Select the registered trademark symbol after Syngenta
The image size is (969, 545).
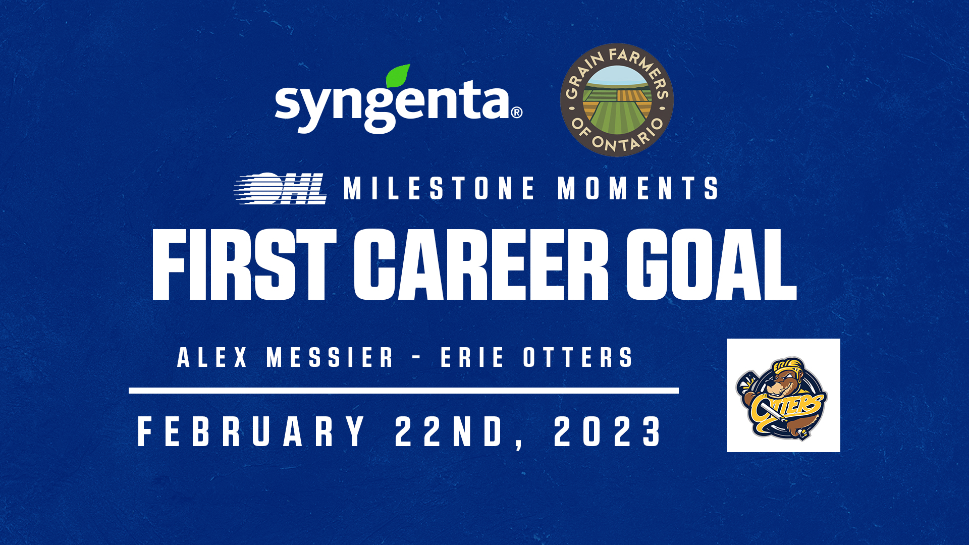(x=517, y=112)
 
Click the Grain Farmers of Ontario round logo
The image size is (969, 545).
(x=617, y=100)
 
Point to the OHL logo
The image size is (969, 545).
(x=281, y=189)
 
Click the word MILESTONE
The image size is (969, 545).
(x=439, y=188)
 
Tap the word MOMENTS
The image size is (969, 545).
(x=638, y=188)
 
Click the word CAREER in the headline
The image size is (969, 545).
(x=481, y=264)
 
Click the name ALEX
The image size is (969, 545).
(x=212, y=357)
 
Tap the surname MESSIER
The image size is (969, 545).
(x=330, y=357)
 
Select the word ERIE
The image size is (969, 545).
(x=472, y=357)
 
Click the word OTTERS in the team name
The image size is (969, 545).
(x=578, y=357)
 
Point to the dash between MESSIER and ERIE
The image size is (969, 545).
(x=416, y=358)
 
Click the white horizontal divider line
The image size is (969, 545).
(x=404, y=391)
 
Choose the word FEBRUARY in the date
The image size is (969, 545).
(x=251, y=431)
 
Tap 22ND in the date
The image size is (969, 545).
(x=449, y=431)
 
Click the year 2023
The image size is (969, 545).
(x=608, y=431)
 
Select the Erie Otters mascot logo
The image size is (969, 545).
(x=783, y=396)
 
